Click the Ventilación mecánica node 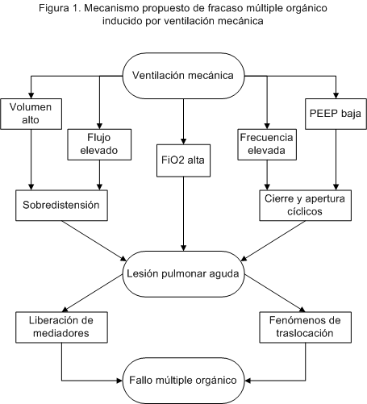pyautogui.click(x=183, y=76)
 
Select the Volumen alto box pyautogui.click(x=31, y=114)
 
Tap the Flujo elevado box pyautogui.click(x=99, y=144)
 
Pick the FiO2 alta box pyautogui.click(x=183, y=160)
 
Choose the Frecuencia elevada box pyautogui.click(x=267, y=144)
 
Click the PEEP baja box pyautogui.click(x=336, y=114)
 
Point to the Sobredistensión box pyautogui.click(x=61, y=206)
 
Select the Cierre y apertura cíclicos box pyautogui.click(x=305, y=206)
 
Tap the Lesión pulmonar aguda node pyautogui.click(x=183, y=274)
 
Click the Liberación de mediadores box pyautogui.click(x=61, y=327)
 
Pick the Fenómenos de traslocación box pyautogui.click(x=305, y=327)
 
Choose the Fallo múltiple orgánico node pyautogui.click(x=183, y=381)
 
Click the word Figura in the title pyautogui.click(x=54, y=8)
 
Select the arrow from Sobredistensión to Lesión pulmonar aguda pyautogui.click(x=94, y=241)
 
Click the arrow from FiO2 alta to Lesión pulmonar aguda pyautogui.click(x=183, y=214)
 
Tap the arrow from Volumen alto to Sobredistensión pyautogui.click(x=31, y=160)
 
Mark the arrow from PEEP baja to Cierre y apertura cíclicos pyautogui.click(x=336, y=160)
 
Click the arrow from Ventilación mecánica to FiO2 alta pyautogui.click(x=183, y=122)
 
